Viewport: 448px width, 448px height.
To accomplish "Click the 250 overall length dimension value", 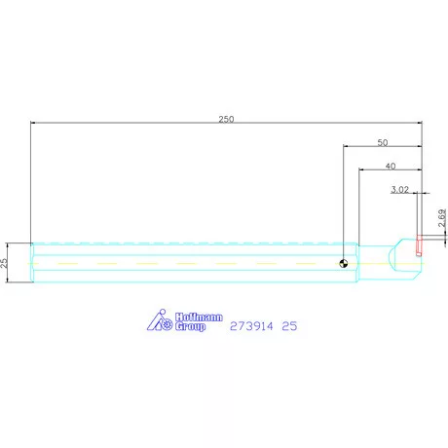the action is tap(226, 119).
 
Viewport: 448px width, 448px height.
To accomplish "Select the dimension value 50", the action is tap(383, 142).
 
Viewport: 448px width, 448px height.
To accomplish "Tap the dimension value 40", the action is tap(391, 167).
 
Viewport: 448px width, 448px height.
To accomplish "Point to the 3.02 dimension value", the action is tap(399, 189).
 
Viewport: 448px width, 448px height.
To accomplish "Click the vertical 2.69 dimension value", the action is tap(442, 218).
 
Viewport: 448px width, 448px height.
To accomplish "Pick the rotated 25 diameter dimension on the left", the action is tap(4, 263).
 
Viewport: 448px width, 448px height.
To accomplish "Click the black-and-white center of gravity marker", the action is tap(343, 263).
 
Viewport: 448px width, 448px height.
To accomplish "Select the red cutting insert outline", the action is tap(419, 244).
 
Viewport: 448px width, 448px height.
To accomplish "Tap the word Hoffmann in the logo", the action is tap(199, 317).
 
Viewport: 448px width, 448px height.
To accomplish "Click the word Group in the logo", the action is tap(190, 326).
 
